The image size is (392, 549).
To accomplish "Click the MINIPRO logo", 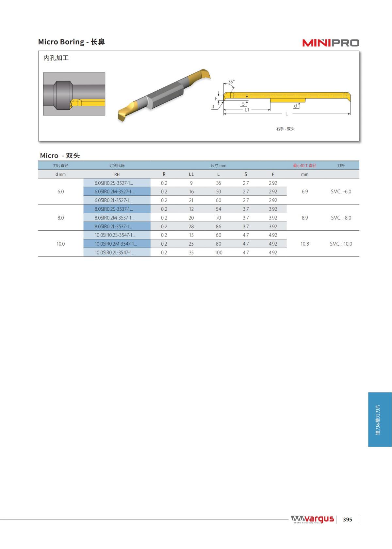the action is (x=330, y=43).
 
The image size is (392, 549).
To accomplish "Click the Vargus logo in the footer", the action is (x=312, y=519).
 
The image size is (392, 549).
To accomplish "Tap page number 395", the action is (x=347, y=520).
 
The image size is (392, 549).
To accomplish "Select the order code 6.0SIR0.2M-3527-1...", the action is (x=114, y=192).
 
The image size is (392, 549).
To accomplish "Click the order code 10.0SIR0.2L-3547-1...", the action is (x=115, y=252).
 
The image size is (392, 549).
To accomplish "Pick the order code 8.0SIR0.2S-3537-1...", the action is (x=114, y=209).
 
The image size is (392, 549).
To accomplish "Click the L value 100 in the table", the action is (x=219, y=252).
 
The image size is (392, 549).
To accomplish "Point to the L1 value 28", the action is (x=191, y=226).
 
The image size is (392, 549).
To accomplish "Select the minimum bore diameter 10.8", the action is (x=304, y=244).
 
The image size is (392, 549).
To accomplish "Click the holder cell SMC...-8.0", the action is (x=341, y=218).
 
